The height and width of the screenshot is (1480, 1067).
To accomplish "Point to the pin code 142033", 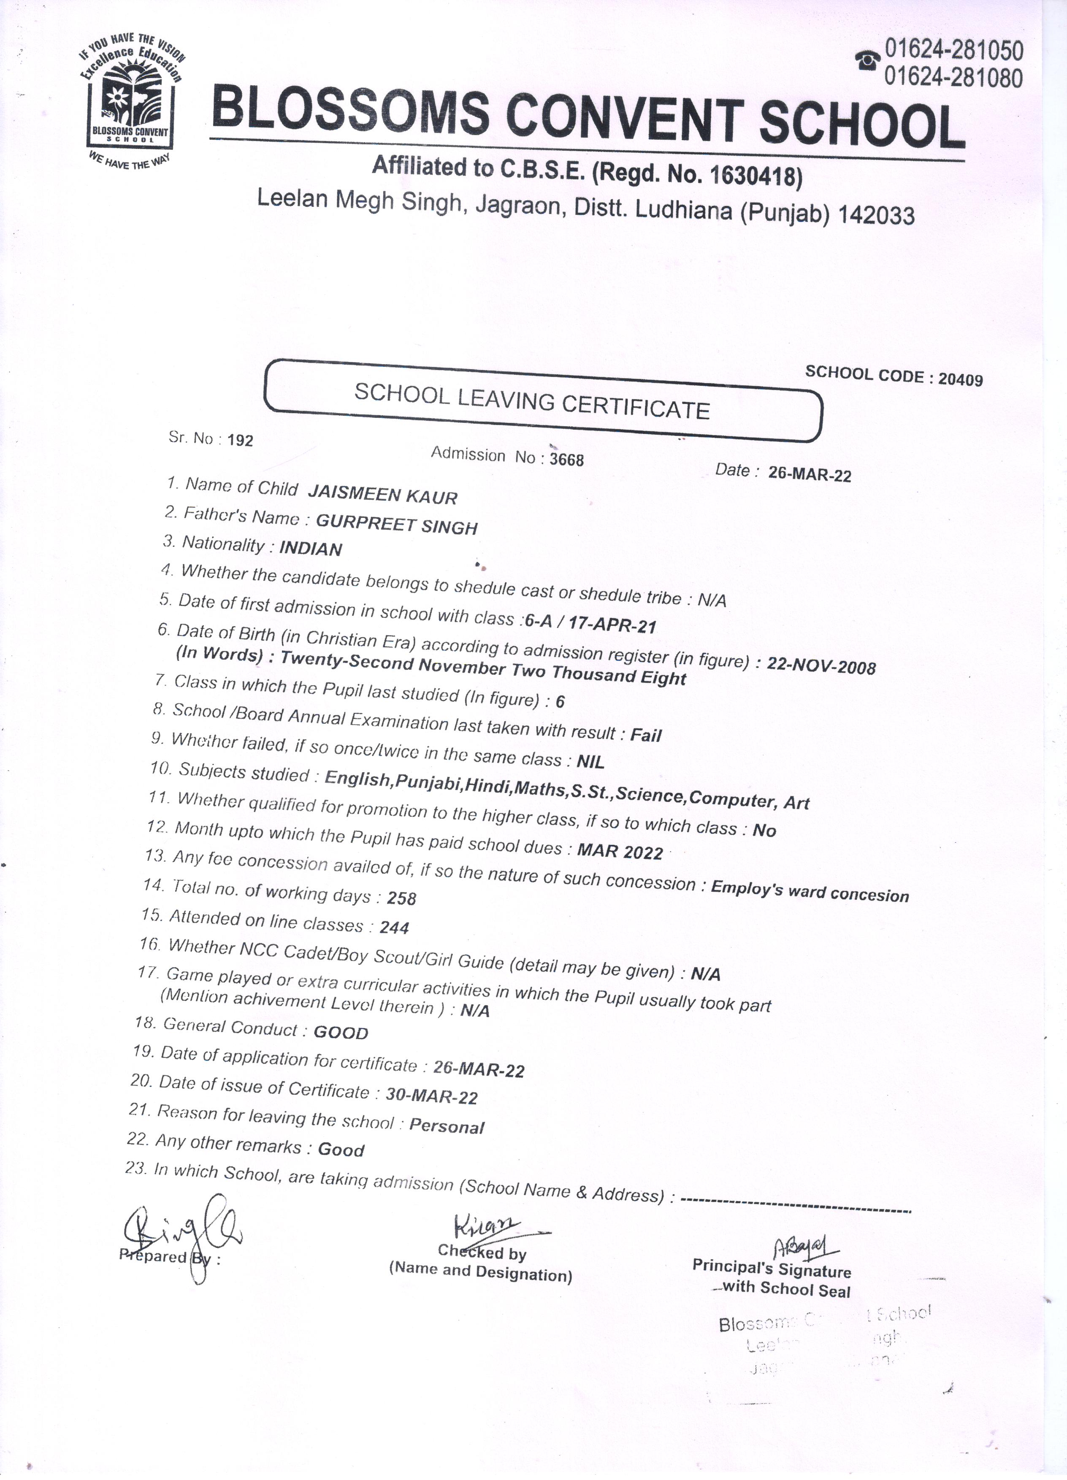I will coord(876,215).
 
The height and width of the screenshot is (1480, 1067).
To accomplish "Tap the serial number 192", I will coord(240,441).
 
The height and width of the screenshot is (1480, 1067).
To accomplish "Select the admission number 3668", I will coord(566,460).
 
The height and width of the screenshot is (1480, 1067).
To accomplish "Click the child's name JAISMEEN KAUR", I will coord(382,495).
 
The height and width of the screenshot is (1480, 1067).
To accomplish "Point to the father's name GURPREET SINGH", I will coord(397,524).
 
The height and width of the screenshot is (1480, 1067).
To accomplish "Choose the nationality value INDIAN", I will coord(311,549).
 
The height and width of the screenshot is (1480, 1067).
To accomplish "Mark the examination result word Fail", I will coord(645,736).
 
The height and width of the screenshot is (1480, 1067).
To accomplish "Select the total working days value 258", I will coord(401,898).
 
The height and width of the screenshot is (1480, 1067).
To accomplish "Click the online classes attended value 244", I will coord(394,927).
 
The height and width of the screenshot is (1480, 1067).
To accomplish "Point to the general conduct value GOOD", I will coord(341,1032).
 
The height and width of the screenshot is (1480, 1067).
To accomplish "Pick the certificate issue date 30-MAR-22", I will coord(431,1096).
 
